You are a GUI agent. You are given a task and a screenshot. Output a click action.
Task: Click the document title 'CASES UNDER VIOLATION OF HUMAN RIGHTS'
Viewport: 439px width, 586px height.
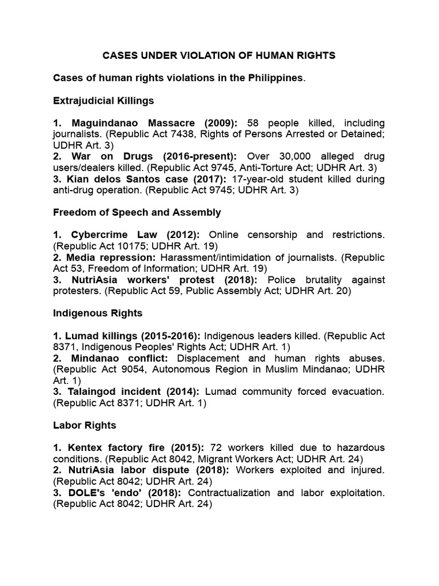[219, 56]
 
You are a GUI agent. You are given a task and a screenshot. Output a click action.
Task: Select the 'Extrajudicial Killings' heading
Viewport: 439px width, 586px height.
[103, 100]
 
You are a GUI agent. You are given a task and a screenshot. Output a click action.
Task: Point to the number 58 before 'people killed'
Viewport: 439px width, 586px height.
[256, 123]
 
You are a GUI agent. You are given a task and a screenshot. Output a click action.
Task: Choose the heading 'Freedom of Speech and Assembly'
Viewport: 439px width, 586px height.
[137, 212]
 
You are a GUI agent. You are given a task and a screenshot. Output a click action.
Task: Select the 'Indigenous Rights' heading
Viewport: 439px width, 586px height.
[97, 313]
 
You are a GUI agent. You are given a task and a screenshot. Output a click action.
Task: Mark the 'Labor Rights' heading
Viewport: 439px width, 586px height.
[84, 425]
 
